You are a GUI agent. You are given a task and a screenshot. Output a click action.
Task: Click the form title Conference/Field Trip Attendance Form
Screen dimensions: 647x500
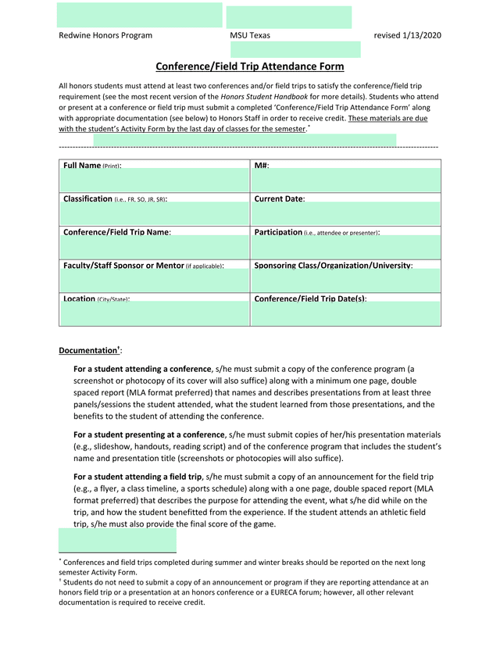coord(250,67)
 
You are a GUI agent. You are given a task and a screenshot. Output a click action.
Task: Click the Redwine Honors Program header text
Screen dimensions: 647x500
coord(105,35)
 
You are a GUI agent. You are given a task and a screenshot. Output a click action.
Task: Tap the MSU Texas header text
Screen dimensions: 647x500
coord(250,35)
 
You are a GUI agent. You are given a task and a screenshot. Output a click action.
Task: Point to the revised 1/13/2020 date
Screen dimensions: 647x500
coord(408,35)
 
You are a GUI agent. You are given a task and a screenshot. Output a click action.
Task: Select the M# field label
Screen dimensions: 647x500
coord(262,166)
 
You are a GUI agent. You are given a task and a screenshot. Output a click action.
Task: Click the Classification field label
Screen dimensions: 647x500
coord(115,199)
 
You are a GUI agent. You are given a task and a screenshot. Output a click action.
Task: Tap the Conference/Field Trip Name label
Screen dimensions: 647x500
coord(117,232)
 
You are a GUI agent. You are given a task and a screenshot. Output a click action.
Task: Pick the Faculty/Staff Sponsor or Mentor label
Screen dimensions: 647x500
coord(143,266)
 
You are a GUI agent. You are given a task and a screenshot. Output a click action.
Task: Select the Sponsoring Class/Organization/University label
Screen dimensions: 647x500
coord(334,266)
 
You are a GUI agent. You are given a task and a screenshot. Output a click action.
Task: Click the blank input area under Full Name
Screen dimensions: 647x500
coord(154,181)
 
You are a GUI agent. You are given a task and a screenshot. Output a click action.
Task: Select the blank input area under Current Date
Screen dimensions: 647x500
coord(345,213)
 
